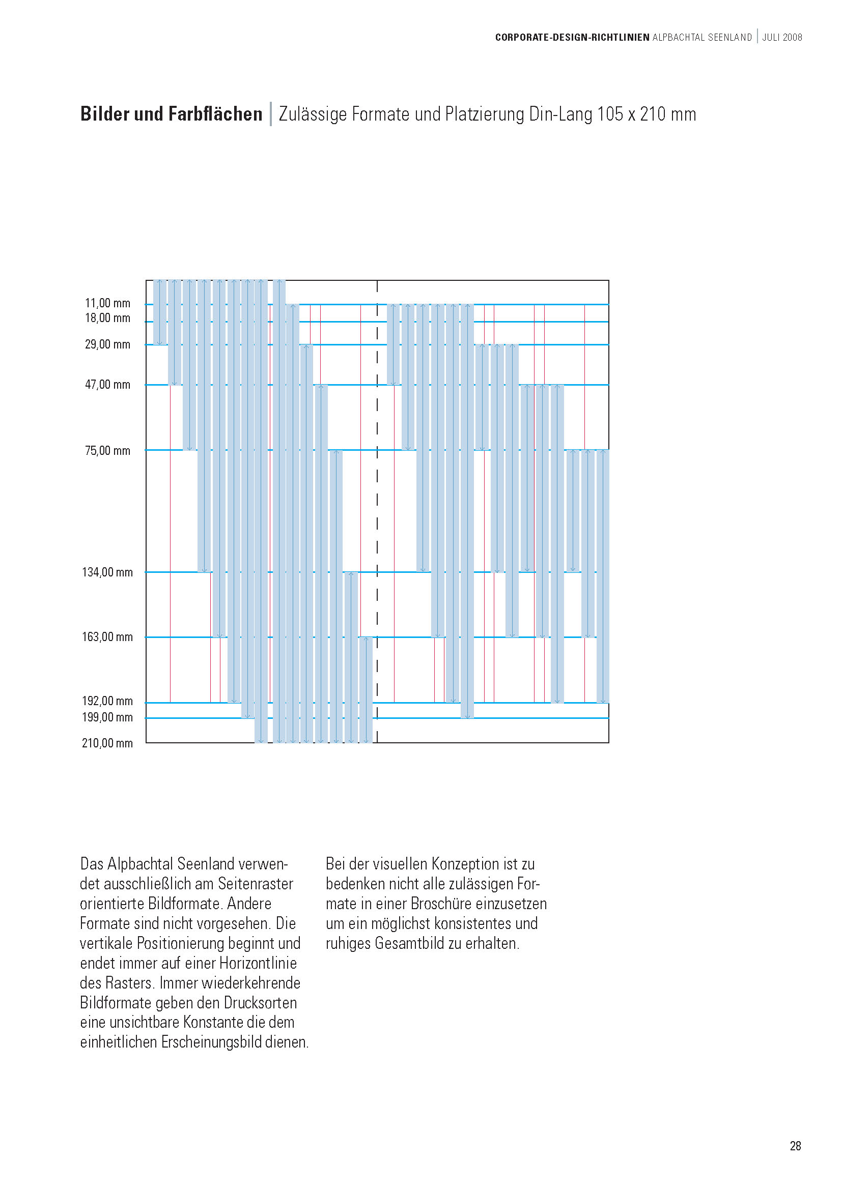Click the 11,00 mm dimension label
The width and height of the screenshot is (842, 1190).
[x=107, y=303]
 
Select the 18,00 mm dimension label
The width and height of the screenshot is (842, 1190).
[x=107, y=318]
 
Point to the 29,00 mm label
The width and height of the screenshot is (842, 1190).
[x=107, y=344]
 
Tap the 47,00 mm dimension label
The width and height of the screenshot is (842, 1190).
[x=107, y=385]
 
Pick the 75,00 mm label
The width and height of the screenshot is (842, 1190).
[x=107, y=451]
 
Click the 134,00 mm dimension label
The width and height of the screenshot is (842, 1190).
[x=107, y=572]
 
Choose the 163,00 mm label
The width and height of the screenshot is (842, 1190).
[x=107, y=637]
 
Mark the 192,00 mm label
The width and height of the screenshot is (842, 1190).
[x=107, y=701]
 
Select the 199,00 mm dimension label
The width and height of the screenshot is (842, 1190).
[x=107, y=717]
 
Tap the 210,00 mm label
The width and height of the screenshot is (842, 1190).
[x=107, y=743]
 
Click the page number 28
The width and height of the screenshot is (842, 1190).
[x=795, y=1146]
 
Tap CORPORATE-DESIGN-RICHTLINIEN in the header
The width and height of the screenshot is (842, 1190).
[x=572, y=37]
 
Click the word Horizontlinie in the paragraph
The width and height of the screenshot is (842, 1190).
[x=258, y=963]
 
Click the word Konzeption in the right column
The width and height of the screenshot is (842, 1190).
[x=465, y=864]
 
